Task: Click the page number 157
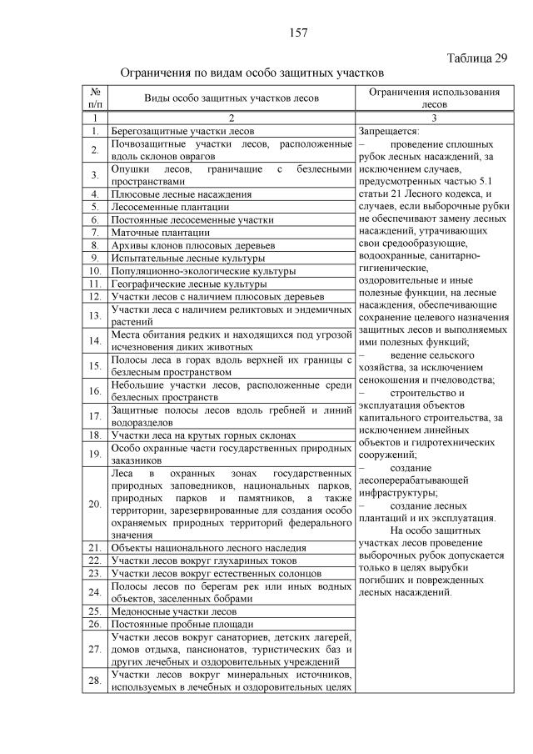298,33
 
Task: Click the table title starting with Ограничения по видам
252,73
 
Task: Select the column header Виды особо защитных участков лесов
232,98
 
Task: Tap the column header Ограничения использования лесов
434,98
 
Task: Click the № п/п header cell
95,98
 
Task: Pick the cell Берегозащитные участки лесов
182,131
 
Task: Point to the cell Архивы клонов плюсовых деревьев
192,245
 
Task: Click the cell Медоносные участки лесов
173,611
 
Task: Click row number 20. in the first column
95,503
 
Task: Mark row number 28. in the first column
95,681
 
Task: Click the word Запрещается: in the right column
389,131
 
